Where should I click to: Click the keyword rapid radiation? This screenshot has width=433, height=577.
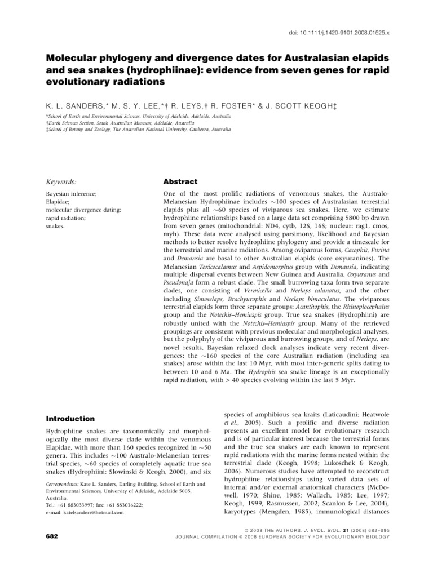tap(64, 218)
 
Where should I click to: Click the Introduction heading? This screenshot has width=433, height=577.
tap(70, 419)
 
